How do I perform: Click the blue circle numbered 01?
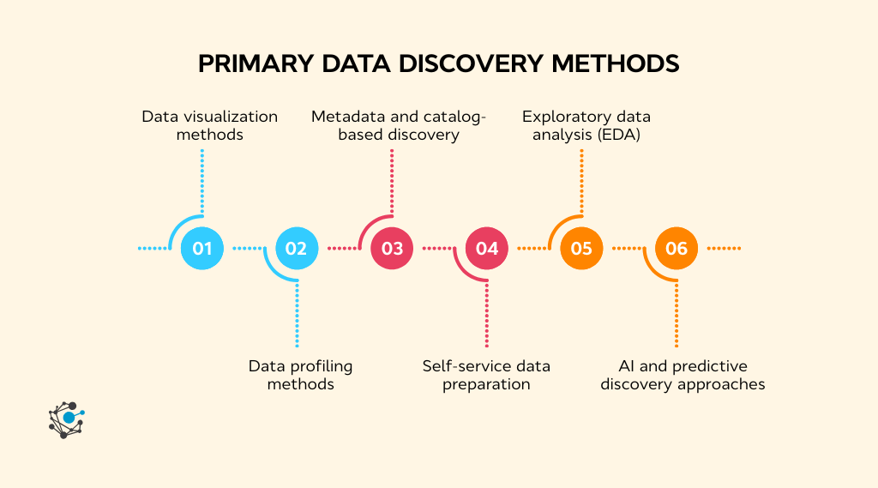pos(202,249)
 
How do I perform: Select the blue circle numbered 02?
pos(297,249)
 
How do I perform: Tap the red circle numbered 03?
pos(392,249)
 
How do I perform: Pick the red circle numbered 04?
pos(487,249)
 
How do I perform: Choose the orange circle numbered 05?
pos(581,249)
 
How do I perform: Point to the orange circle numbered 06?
pos(677,249)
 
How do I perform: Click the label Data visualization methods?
pos(210,125)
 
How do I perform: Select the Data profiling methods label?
pos(300,375)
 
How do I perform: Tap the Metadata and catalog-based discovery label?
pos(399,125)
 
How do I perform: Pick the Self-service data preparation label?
pos(486,375)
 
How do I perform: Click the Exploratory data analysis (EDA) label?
pos(586,125)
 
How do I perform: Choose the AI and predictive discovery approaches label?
pos(683,375)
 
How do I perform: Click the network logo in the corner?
pos(66,419)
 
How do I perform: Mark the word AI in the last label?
pos(628,366)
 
